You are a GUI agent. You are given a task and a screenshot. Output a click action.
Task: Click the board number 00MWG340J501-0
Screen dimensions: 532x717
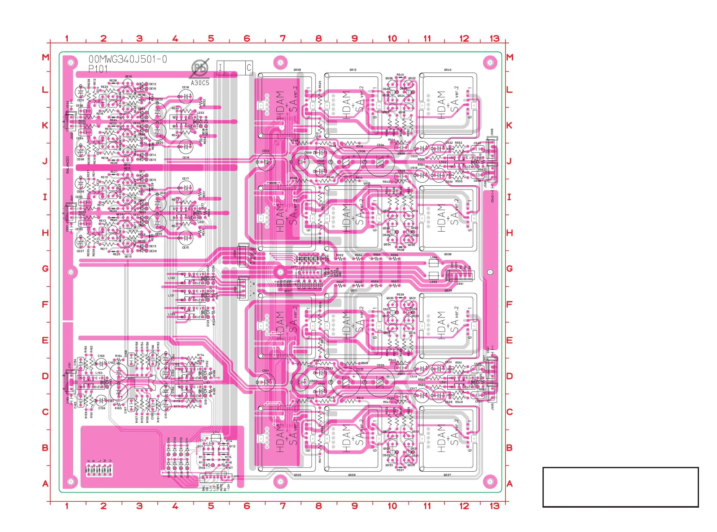click(x=128, y=59)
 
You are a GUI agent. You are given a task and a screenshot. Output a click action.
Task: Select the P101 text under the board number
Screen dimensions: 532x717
click(x=98, y=69)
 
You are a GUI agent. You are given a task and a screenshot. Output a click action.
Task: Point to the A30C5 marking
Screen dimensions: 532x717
click(x=200, y=83)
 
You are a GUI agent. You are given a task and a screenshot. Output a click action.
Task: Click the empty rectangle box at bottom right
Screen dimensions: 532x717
click(x=620, y=487)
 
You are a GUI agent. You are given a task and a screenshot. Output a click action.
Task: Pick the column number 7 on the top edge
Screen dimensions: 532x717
click(x=283, y=39)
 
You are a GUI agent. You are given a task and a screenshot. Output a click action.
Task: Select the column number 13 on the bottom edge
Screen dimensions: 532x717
click(x=494, y=506)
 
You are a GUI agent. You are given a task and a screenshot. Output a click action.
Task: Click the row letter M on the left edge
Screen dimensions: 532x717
click(x=46, y=57)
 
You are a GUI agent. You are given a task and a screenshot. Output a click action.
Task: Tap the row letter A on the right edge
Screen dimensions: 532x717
click(x=509, y=483)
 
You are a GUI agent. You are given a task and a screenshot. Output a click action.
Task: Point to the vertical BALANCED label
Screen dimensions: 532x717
click(x=68, y=165)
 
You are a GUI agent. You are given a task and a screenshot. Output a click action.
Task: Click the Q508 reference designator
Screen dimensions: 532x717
click(x=297, y=70)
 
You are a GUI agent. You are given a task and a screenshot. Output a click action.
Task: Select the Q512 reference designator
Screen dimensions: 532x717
click(x=353, y=70)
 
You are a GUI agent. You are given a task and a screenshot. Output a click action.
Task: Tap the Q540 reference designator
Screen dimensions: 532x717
click(x=448, y=70)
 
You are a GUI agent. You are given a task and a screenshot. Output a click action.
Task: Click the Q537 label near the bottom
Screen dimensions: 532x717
click(x=447, y=475)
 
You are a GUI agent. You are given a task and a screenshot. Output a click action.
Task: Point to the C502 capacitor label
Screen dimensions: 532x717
click(x=266, y=151)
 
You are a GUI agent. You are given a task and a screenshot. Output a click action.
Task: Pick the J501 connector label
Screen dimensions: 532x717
click(x=460, y=284)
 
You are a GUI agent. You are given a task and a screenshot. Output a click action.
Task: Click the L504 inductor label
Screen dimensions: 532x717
click(x=434, y=257)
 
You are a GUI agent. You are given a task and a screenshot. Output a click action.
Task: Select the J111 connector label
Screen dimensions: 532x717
click(x=236, y=476)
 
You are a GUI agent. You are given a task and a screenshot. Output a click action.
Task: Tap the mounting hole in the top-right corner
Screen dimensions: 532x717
click(x=490, y=62)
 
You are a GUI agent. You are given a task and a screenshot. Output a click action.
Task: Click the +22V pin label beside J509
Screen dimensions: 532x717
click(x=253, y=249)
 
